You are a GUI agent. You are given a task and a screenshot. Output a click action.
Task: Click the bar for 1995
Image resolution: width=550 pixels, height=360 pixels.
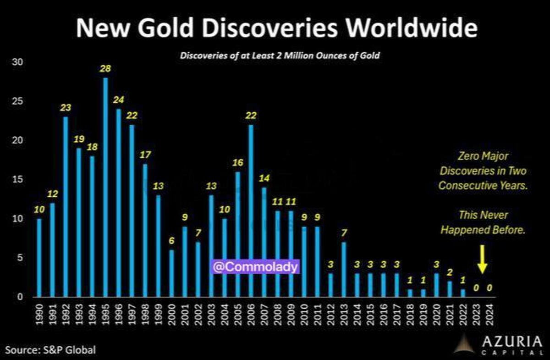106,187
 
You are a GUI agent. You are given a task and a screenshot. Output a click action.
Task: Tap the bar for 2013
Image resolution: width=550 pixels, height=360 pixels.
344,269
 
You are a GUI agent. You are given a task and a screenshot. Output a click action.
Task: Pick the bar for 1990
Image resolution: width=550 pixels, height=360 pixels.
39,257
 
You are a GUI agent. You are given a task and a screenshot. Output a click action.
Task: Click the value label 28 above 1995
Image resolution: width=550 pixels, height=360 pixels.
106,69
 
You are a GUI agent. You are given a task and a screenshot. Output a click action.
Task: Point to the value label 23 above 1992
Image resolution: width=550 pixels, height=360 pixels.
66,108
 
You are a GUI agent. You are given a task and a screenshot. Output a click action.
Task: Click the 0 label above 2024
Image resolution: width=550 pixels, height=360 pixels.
490,288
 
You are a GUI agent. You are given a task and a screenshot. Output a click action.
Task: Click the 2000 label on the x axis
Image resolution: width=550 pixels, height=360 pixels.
172,314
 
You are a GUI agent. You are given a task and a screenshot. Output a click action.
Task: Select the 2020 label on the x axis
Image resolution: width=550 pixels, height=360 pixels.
437,314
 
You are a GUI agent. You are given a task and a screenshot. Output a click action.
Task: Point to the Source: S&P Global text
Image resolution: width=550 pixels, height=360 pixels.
49,350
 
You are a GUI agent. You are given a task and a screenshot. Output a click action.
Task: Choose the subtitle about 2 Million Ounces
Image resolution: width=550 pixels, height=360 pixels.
280,56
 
